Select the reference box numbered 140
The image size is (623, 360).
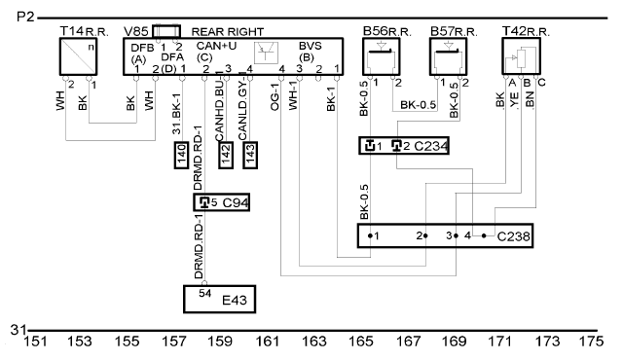[181, 155]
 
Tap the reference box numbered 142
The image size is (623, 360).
[226, 155]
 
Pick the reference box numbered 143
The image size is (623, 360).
[250, 155]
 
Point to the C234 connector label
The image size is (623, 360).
[431, 146]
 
